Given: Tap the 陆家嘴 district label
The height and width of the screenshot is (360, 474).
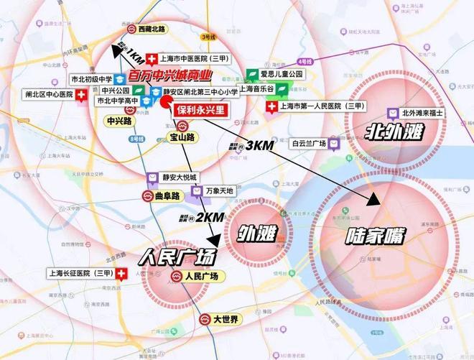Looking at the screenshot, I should click(x=375, y=234).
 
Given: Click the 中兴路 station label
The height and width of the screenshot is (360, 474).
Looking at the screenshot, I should click(x=119, y=121).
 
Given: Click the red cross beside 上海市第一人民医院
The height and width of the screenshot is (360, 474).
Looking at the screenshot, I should click(x=271, y=107).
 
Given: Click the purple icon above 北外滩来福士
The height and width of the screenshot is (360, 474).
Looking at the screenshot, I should click(x=392, y=113).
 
